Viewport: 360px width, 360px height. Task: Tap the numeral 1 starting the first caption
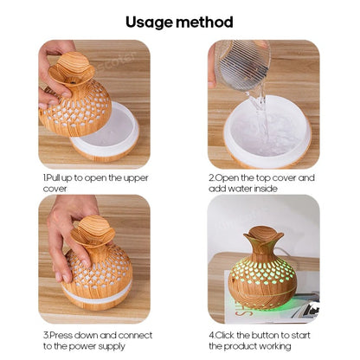44,177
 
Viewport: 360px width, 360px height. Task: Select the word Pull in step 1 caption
55,177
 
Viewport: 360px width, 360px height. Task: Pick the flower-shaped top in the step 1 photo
76,67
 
